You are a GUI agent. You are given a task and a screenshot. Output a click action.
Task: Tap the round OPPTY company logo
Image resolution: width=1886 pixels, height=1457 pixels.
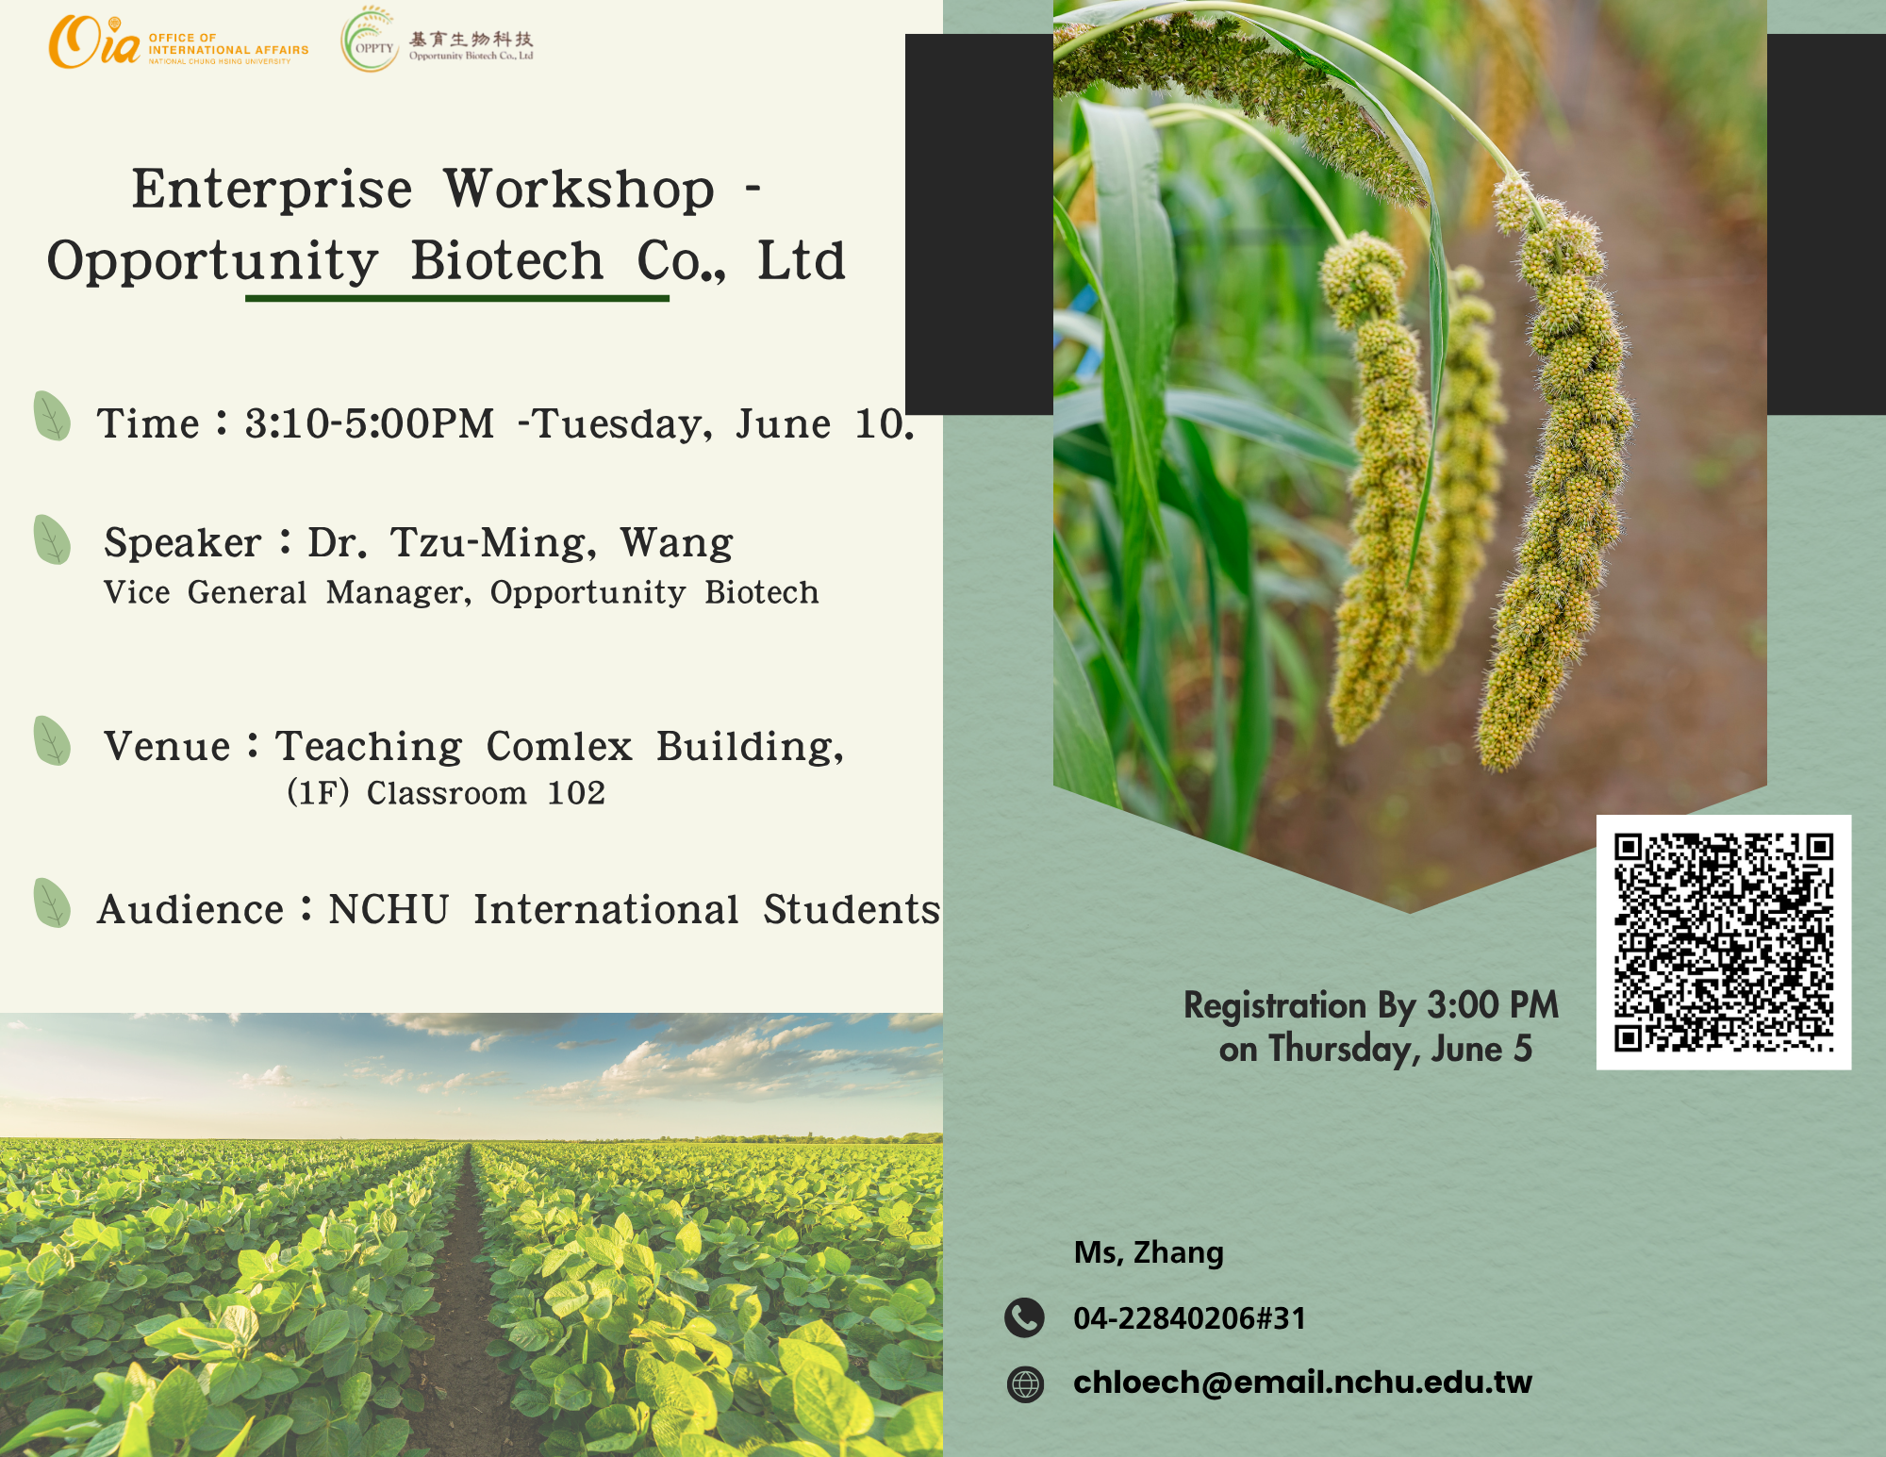pos(370,41)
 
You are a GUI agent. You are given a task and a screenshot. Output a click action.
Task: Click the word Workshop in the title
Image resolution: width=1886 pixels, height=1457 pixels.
pos(579,190)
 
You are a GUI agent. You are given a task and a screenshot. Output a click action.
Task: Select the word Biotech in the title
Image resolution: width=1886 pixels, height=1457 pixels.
pos(507,260)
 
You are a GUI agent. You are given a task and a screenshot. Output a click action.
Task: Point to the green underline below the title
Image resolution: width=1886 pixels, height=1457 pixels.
pos(457,298)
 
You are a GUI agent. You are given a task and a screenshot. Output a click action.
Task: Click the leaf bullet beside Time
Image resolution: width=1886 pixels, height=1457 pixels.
pos(52,416)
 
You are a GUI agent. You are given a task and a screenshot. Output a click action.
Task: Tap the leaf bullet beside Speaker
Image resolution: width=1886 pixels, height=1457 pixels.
pos(52,539)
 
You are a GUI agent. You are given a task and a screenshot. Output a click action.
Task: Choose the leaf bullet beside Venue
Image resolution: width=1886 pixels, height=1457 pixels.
pos(52,741)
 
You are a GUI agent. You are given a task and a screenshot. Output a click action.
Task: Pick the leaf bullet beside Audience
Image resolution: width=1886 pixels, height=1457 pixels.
pos(52,903)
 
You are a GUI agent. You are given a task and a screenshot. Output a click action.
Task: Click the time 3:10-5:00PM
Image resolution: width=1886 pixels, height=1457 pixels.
pos(370,423)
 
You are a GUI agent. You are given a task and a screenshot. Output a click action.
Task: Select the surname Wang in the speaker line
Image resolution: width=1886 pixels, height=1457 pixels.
pos(676,544)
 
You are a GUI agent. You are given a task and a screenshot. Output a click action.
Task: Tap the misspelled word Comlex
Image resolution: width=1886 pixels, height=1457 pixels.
pos(559,746)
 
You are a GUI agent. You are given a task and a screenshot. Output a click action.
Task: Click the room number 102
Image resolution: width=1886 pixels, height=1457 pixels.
pos(576,793)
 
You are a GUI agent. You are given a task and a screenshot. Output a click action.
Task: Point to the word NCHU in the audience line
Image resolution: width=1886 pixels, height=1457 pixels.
pos(389,909)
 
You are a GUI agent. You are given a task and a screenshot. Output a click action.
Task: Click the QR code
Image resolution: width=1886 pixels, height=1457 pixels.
pos(1724,942)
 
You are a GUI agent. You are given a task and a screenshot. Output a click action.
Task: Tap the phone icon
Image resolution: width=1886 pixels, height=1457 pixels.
pos(1024,1317)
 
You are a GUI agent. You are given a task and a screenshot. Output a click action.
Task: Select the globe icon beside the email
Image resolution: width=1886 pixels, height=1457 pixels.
pos(1025,1383)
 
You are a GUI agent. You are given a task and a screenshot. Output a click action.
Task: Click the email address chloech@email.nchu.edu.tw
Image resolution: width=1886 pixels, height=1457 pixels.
pos(1302,1382)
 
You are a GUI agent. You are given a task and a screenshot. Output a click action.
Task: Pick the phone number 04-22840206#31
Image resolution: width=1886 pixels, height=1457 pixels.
pos(1190,1318)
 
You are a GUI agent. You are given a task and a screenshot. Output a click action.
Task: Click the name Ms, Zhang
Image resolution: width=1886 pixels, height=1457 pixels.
pos(1149,1252)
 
